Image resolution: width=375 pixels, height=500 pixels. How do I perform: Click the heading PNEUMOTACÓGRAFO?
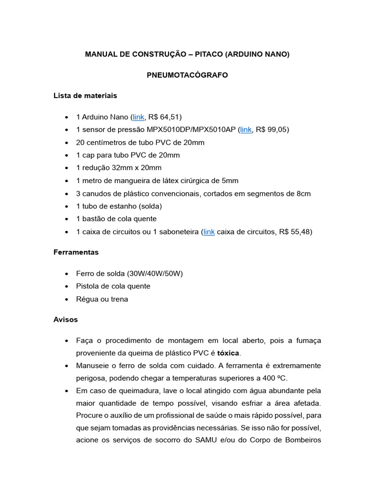click(187, 75)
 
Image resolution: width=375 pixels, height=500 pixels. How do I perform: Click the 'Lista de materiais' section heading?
click(85, 96)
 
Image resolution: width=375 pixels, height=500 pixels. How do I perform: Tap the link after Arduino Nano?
click(139, 117)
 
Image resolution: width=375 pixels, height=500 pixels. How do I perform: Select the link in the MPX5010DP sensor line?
click(246, 129)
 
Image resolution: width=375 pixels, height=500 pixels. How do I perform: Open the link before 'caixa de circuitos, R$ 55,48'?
click(209, 232)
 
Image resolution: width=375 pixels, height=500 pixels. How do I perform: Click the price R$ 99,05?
click(272, 129)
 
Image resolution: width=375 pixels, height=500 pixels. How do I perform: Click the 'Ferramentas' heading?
click(76, 252)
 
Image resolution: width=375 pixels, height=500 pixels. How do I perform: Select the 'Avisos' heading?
click(65, 320)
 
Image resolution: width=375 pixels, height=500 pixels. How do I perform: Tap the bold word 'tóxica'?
click(229, 353)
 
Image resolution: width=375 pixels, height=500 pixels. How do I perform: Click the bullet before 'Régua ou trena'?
click(66, 299)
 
